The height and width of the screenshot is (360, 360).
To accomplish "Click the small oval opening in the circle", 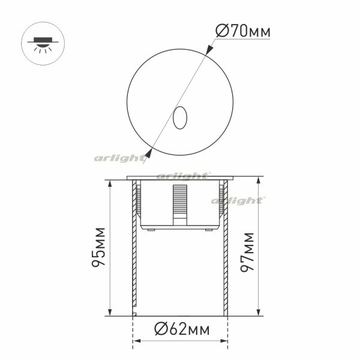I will (179, 118).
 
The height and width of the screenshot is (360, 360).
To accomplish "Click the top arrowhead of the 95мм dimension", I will (110, 184).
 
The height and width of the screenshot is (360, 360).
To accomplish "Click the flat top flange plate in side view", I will (180, 179).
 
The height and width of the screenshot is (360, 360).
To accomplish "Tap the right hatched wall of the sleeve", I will (226, 252).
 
